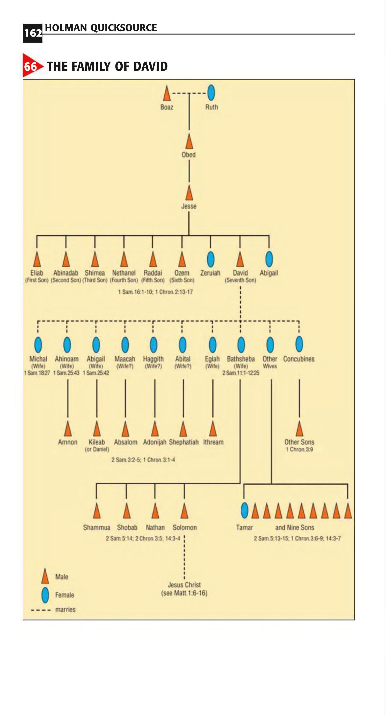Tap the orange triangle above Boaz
pyautogui.click(x=167, y=94)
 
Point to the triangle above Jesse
pyautogui.click(x=189, y=194)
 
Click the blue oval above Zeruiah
pyautogui.click(x=211, y=259)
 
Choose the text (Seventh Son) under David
pyautogui.click(x=240, y=280)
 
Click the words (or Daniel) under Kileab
pyautogui.click(x=97, y=449)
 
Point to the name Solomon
pyautogui.click(x=184, y=527)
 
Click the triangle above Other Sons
pyautogui.click(x=299, y=429)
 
